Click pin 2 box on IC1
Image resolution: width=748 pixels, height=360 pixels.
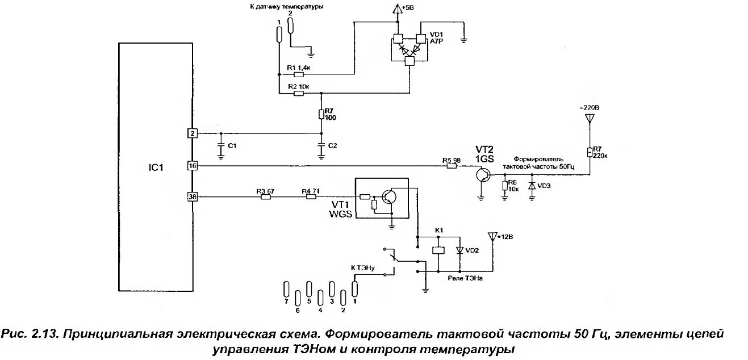click(193, 133)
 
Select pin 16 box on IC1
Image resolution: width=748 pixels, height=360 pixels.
click(193, 166)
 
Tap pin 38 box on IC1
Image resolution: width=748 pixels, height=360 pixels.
click(193, 197)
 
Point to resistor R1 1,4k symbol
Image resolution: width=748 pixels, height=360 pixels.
click(299, 74)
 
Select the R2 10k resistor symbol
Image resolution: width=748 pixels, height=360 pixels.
click(299, 94)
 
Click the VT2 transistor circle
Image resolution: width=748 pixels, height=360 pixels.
click(482, 175)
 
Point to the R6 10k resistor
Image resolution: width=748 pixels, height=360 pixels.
click(504, 186)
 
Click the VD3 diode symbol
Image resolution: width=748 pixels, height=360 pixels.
click(532, 186)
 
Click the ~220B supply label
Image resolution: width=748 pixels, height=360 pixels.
click(589, 108)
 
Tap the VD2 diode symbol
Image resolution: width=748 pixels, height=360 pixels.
click(460, 250)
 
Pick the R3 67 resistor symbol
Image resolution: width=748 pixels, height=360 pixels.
click(264, 197)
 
